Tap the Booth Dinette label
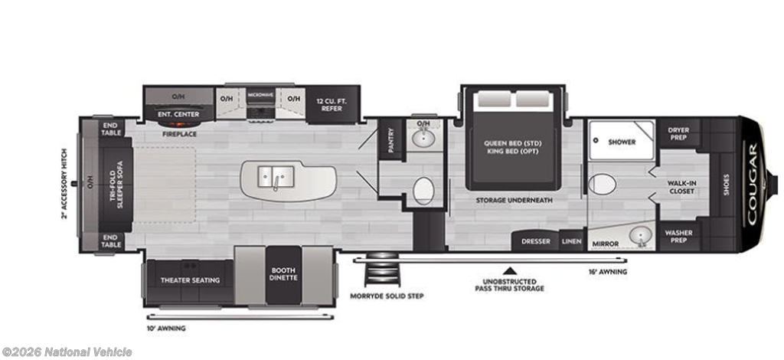pyautogui.click(x=283, y=273)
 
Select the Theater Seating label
pyautogui.click(x=190, y=280)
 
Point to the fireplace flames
pyautogui.click(x=179, y=124)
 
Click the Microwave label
pyautogui.click(x=260, y=95)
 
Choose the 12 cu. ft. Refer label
pyautogui.click(x=332, y=104)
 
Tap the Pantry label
pyautogui.click(x=390, y=140)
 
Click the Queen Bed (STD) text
pyautogui.click(x=512, y=143)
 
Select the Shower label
pyautogui.click(x=622, y=142)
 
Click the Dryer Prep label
pyautogui.click(x=678, y=133)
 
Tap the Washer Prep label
pyautogui.click(x=678, y=237)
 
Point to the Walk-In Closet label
pyautogui.click(x=681, y=187)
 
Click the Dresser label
pyautogui.click(x=536, y=241)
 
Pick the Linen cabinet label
pyautogui.click(x=571, y=241)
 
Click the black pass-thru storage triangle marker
pyautogui.click(x=509, y=271)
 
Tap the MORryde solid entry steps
pyautogui.click(x=383, y=270)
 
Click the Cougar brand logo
pyautogui.click(x=752, y=184)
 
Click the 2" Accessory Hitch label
pyautogui.click(x=64, y=184)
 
